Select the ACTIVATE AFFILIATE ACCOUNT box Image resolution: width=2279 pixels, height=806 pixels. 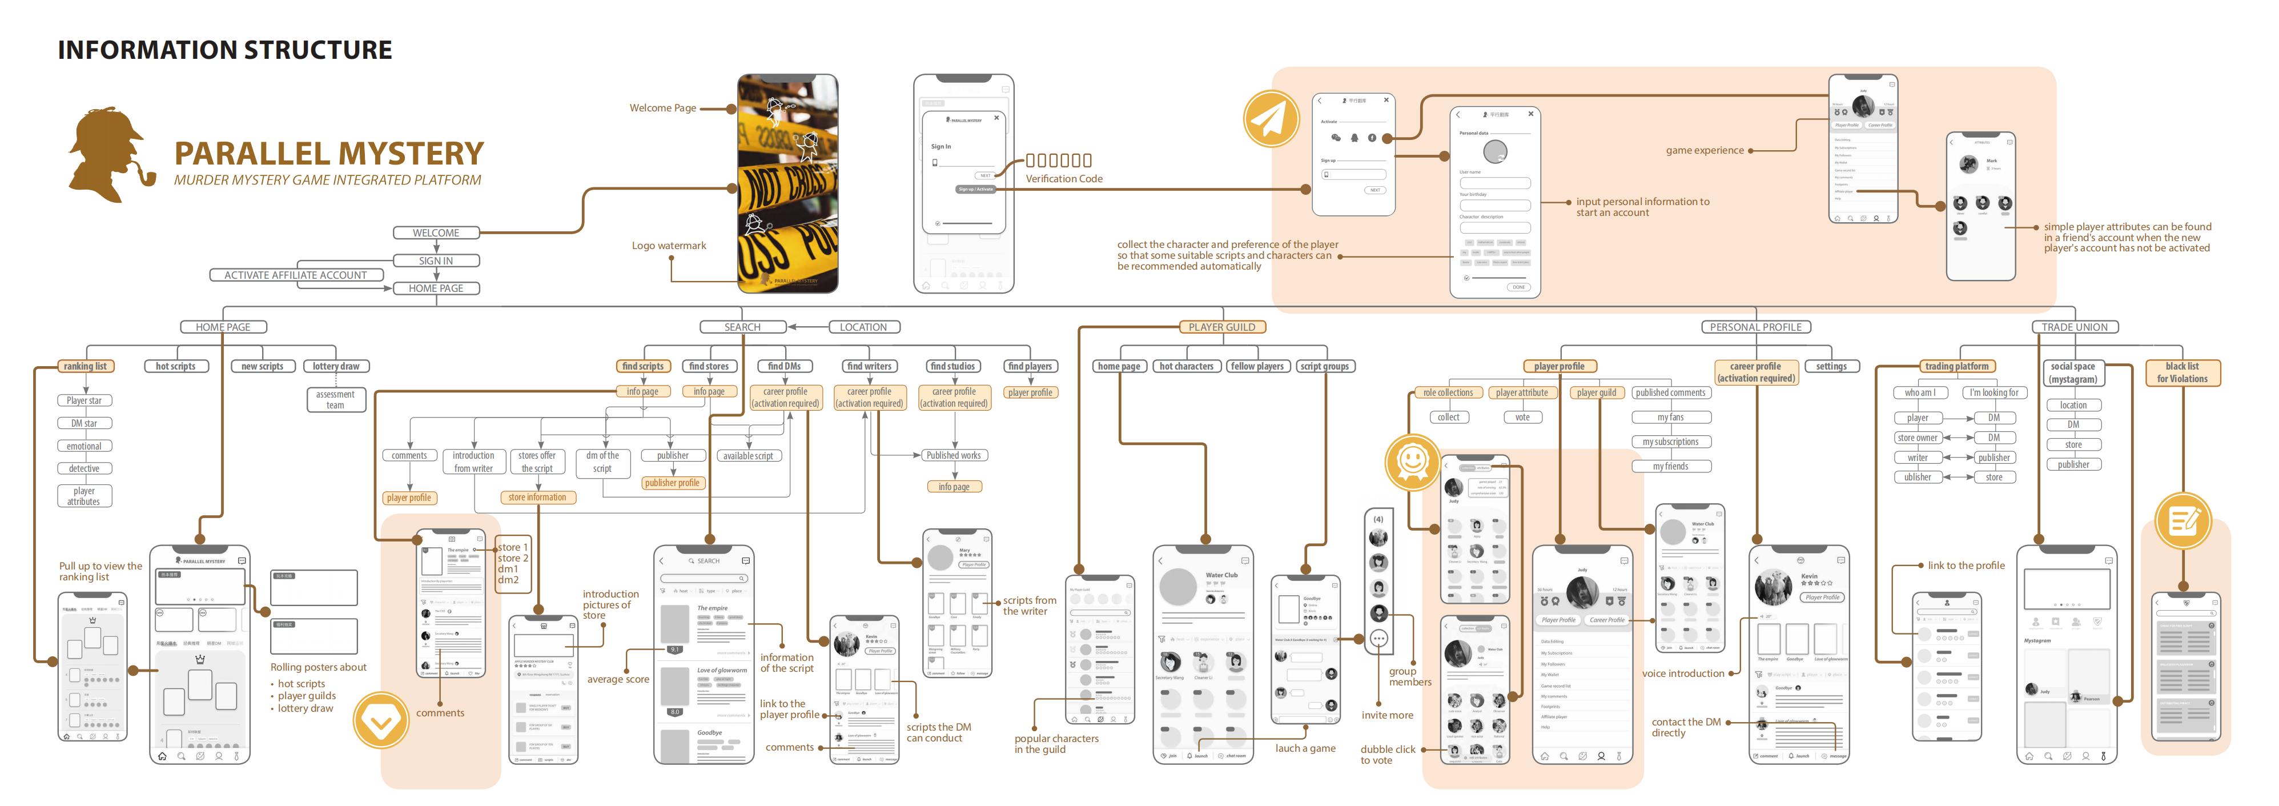(295, 275)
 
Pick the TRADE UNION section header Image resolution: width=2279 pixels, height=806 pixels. (2074, 327)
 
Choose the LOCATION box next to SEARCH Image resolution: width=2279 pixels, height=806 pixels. (863, 327)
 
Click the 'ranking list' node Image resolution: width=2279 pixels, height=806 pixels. (85, 366)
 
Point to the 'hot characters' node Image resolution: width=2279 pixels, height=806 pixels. (1187, 366)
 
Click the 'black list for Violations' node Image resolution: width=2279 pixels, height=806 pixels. (2182, 372)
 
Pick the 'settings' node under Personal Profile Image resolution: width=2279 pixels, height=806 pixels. (1831, 366)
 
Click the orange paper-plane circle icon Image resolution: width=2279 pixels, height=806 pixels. (1271, 119)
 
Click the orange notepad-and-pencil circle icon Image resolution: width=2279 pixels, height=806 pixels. (2182, 520)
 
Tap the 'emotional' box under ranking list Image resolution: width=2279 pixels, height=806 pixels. (84, 447)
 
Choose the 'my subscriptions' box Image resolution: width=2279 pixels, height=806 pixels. (1670, 442)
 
